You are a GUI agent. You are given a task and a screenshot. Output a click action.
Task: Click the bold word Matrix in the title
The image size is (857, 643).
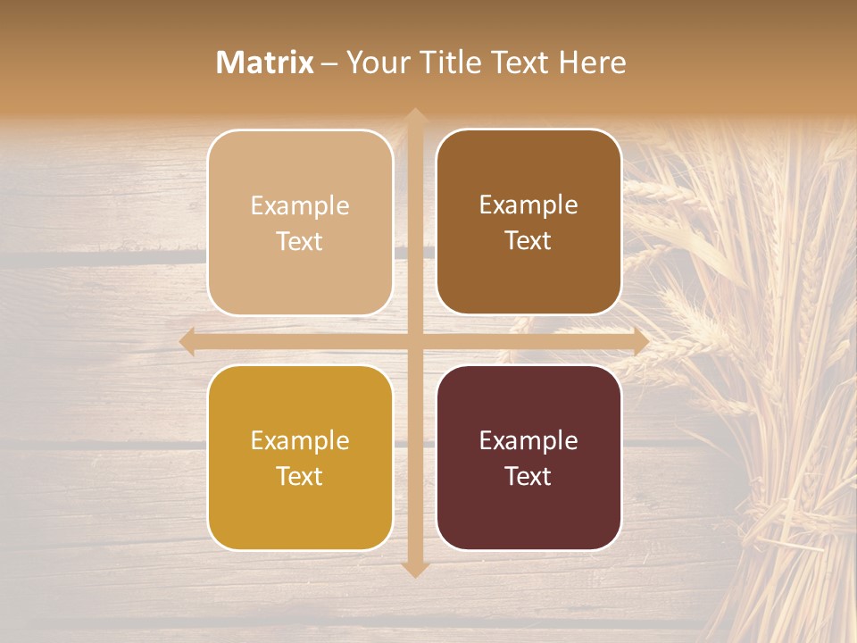pos(265,63)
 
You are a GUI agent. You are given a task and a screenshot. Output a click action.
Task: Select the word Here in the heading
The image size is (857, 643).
pos(593,63)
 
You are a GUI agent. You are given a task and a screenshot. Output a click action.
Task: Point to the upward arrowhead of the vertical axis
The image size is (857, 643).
pos(414,116)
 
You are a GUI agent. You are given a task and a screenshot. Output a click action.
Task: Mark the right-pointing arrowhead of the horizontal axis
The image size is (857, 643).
pos(640,341)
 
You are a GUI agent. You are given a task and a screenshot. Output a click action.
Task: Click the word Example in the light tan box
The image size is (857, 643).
pos(300,206)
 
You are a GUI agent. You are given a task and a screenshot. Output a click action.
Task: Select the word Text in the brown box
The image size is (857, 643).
pos(528,241)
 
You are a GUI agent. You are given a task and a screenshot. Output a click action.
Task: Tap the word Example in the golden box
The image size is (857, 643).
pos(300,441)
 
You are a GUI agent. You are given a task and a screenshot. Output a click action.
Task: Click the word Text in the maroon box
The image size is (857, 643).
pos(528,477)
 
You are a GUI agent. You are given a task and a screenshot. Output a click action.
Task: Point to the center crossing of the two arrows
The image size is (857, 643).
pos(414,341)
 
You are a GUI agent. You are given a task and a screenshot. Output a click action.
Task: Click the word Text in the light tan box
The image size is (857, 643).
pos(300,242)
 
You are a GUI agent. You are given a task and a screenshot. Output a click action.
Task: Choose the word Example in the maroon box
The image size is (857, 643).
pos(528,441)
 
